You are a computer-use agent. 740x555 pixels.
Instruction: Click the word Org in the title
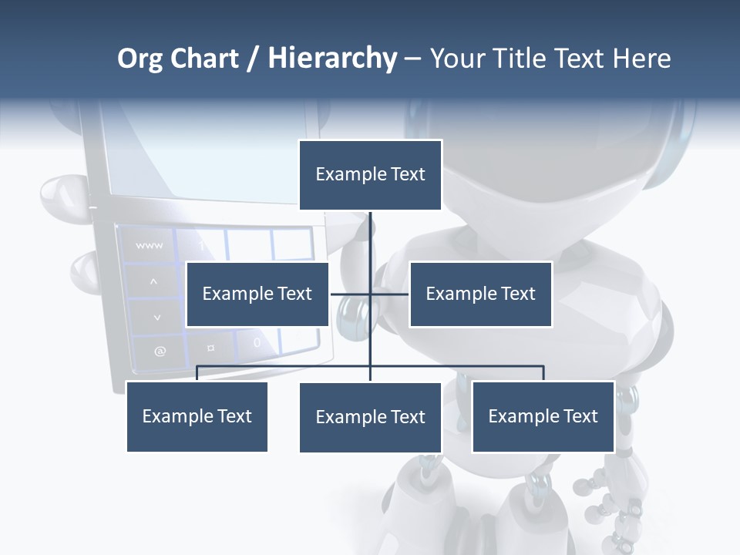(x=140, y=59)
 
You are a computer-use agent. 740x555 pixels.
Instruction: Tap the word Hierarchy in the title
(x=332, y=59)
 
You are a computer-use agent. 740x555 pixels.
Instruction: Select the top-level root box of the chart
(x=370, y=175)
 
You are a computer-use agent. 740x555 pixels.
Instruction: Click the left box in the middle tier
(x=257, y=294)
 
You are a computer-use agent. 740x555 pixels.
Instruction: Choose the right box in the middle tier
(x=480, y=294)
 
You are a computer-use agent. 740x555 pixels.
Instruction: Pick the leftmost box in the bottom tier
(x=197, y=416)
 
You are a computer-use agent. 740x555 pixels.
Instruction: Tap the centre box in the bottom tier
(x=370, y=417)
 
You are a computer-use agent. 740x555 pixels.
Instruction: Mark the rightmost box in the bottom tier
(x=543, y=416)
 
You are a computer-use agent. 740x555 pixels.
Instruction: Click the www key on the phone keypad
(x=149, y=246)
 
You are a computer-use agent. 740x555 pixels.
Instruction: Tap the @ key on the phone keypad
(x=160, y=351)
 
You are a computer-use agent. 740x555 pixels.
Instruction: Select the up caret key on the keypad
(x=153, y=282)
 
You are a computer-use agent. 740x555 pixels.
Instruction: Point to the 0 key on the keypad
(x=257, y=342)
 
